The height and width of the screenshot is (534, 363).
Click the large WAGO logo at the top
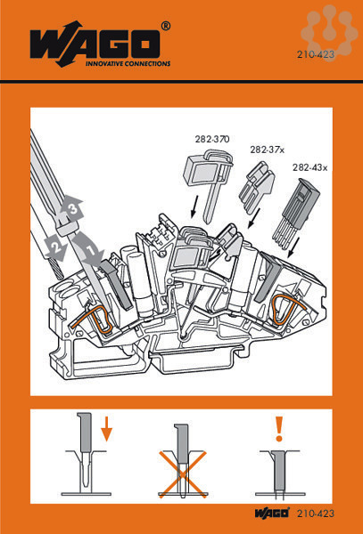pyautogui.click(x=95, y=44)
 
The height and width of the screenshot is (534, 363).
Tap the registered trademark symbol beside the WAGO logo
pyautogui.click(x=166, y=26)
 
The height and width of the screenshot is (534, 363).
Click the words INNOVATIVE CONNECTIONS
pyautogui.click(x=128, y=63)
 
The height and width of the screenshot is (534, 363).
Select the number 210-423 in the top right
pyautogui.click(x=315, y=54)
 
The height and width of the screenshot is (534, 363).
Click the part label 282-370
pyautogui.click(x=212, y=139)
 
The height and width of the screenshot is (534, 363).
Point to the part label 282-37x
pyautogui.click(x=267, y=150)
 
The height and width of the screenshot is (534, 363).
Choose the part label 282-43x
pyautogui.click(x=309, y=167)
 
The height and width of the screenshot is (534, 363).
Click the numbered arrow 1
pyautogui.click(x=90, y=248)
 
